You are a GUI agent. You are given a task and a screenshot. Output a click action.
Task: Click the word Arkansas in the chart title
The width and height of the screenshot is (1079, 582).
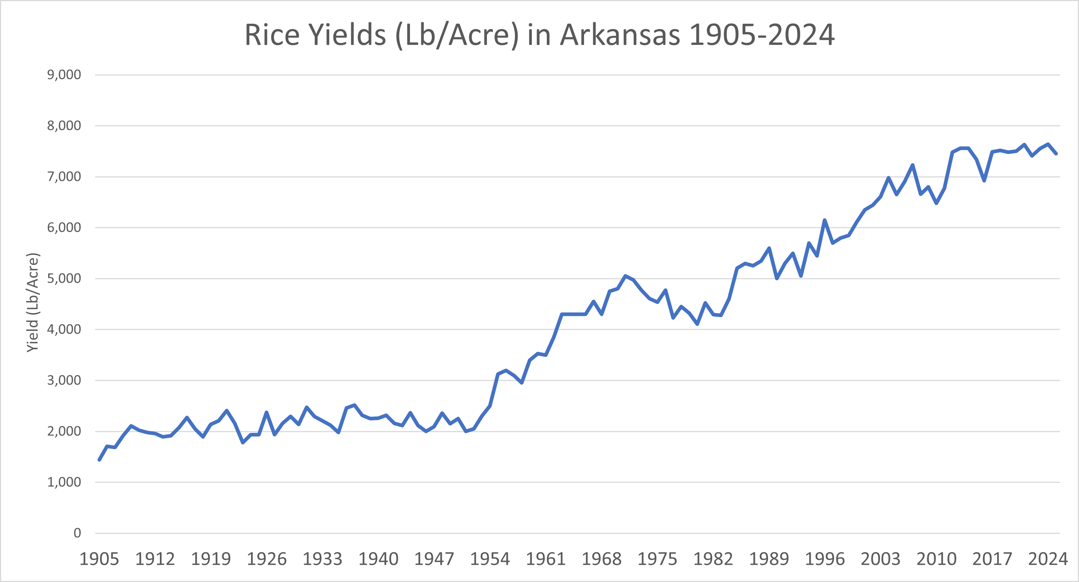pyautogui.click(x=620, y=35)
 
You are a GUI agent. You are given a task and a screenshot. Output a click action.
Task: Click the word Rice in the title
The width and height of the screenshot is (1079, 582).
pyautogui.click(x=272, y=35)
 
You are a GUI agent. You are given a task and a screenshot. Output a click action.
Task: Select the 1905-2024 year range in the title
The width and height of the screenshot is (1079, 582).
pyautogui.click(x=761, y=35)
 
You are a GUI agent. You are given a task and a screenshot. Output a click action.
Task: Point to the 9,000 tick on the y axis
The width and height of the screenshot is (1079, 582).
pyautogui.click(x=64, y=75)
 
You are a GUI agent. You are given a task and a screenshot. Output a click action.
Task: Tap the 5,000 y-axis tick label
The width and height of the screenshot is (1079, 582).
pyautogui.click(x=64, y=278)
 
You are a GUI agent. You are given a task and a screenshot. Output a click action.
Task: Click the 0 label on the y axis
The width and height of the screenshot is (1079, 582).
pyautogui.click(x=77, y=533)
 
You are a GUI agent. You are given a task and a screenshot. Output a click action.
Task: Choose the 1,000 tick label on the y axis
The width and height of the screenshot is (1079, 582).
pyautogui.click(x=64, y=482)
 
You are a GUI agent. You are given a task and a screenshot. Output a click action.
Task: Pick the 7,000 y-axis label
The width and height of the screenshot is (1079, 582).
pyautogui.click(x=64, y=177)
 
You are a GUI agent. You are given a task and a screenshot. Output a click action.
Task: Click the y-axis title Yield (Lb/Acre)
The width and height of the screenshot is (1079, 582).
pyautogui.click(x=33, y=302)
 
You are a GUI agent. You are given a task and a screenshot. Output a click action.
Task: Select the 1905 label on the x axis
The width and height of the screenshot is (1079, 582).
pyautogui.click(x=99, y=559)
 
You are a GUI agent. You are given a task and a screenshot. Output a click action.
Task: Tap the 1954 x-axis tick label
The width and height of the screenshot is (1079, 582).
pyautogui.click(x=489, y=559)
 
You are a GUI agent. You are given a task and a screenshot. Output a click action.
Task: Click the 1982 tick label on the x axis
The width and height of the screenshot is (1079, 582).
pyautogui.click(x=713, y=559)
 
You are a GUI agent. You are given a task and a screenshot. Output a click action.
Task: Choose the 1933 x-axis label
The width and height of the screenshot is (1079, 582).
pyautogui.click(x=323, y=559)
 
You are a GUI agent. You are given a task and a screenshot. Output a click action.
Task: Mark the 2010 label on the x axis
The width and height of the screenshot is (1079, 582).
pyautogui.click(x=936, y=559)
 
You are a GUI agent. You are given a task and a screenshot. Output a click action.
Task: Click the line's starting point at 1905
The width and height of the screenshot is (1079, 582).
pyautogui.click(x=99, y=460)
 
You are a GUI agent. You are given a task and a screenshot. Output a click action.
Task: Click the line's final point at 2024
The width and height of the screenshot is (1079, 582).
pyautogui.click(x=1056, y=154)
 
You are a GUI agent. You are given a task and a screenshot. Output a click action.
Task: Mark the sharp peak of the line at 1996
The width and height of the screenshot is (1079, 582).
pyautogui.click(x=824, y=220)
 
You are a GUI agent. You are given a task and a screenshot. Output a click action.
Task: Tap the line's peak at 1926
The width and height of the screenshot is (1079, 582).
pyautogui.click(x=266, y=412)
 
